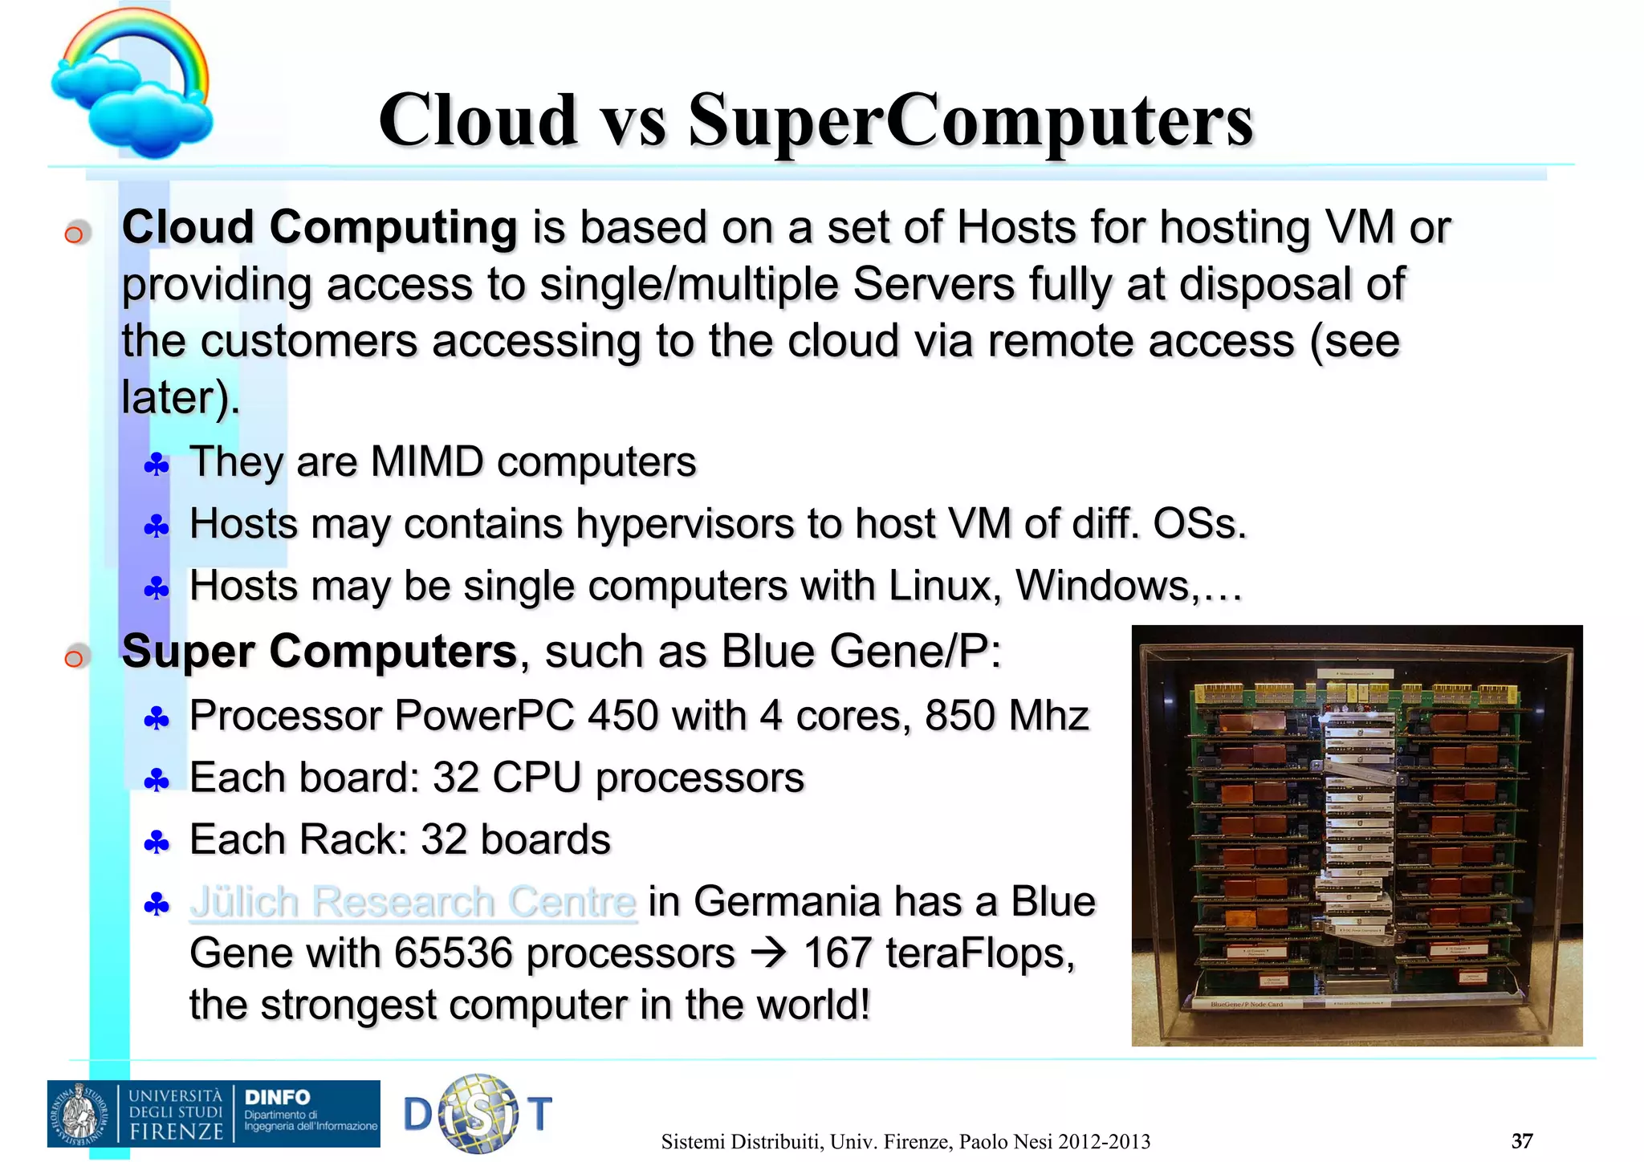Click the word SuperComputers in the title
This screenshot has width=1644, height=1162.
click(970, 120)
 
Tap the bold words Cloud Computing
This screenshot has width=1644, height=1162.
click(319, 227)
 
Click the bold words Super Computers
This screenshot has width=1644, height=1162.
click(319, 651)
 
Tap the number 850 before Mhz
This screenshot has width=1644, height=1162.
click(960, 715)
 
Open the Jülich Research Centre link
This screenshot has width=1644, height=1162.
click(413, 902)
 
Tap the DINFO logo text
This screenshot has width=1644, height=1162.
click(277, 1097)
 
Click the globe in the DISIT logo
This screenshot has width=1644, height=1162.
click(479, 1114)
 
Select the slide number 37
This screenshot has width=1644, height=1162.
click(1521, 1140)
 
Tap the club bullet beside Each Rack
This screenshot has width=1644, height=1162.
click(157, 843)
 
